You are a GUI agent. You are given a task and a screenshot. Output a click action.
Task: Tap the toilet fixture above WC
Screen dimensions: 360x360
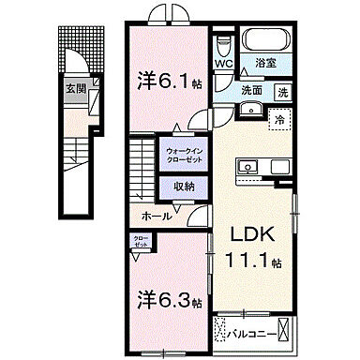[223, 46]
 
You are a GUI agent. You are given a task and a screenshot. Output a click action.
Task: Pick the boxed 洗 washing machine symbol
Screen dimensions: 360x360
[281, 92]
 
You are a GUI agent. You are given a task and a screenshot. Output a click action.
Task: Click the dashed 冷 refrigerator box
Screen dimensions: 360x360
[277, 119]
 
